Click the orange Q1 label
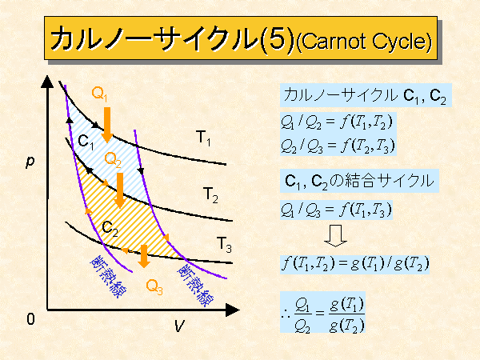pos(99,94)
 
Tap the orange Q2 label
pos(113,160)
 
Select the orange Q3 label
pos(154,287)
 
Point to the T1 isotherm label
pos(203,138)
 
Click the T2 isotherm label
pos(210,195)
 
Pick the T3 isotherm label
pos(224,245)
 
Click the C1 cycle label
pos(86,142)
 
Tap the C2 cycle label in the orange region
pos(110,229)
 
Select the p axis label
pos(30,162)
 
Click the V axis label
pos(180,326)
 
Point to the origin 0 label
pos(30,319)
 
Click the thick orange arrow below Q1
pos(107,125)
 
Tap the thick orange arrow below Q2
pos(120,190)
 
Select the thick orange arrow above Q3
pos(143,256)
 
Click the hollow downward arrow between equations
pos(335,236)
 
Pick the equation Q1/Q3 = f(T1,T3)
pos(336,210)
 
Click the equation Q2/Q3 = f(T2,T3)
pos(338,146)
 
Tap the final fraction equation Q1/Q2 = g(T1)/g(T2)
pos(322,312)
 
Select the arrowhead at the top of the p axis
pos(47,82)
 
